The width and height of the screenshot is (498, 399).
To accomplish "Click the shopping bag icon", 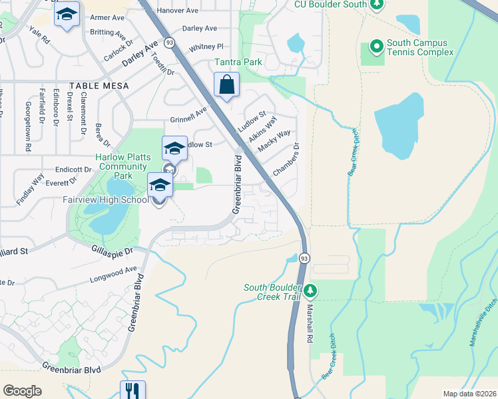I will point(227,85).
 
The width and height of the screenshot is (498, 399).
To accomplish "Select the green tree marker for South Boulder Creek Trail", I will point(310,291).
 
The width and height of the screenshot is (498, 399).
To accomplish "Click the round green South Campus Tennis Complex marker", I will point(376,47).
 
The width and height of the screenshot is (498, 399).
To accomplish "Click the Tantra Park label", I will point(238,62).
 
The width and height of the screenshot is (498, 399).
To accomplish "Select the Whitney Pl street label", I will point(206,47).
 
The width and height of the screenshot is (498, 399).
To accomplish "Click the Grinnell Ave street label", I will point(190,116).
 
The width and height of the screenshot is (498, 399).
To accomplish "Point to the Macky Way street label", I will point(274,142).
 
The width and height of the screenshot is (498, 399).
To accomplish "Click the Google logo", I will point(22,391).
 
